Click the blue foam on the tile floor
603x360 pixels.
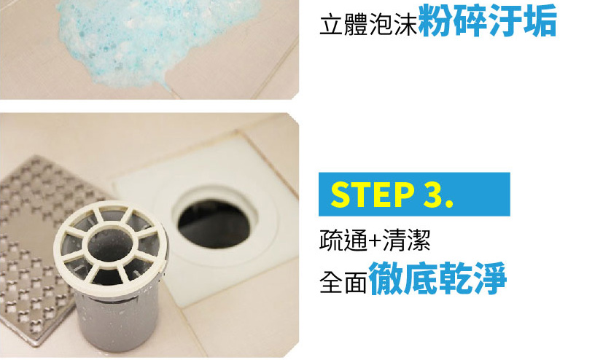coord(154,39)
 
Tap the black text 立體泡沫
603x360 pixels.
coord(368,25)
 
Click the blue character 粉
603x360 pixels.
coord(435,21)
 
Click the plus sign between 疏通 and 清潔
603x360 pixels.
coord(374,242)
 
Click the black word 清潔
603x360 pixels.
coord(405,240)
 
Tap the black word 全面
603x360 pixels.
coord(343,283)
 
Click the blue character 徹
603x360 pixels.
coord(385,278)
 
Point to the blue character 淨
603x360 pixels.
coord(490,278)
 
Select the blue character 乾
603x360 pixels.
coord(455,278)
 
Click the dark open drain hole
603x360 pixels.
coord(214,224)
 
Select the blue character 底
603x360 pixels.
coord(420,278)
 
